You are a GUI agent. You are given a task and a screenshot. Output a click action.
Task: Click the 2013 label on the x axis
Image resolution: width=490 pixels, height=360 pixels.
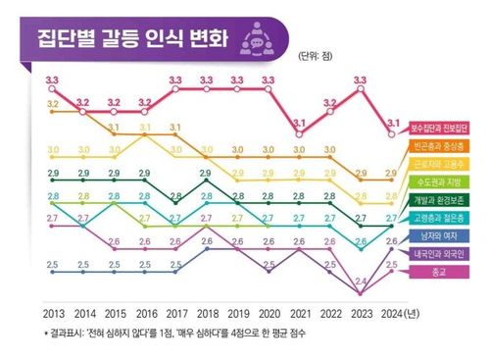(55, 316)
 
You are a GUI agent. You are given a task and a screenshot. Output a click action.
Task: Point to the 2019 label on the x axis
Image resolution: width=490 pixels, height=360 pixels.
(237, 316)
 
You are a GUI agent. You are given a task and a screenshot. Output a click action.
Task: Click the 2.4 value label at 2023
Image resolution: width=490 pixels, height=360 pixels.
(361, 282)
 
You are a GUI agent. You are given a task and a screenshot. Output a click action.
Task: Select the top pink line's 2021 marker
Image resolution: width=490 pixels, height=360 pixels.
(299, 133)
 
